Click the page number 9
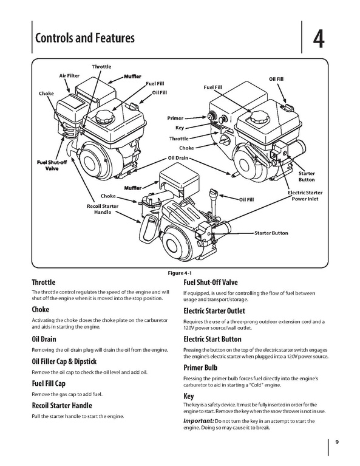pos(337,442)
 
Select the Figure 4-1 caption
pos(177,273)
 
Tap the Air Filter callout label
pos(69,76)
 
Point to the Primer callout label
pos(175,118)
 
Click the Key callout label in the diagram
pos(180,128)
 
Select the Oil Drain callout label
pos(178,158)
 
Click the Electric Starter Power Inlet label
pos(305,196)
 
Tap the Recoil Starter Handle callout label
pos(103,209)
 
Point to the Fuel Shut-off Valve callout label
pos(52,165)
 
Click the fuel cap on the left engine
pos(105,117)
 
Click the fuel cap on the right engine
pos(260,117)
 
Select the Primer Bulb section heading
pos(200,368)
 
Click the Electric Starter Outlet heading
pos(214,311)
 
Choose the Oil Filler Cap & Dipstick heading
pos(64,361)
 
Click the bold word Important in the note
pos(199,421)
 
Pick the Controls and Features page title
pos(84,38)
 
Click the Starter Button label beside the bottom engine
pos(271,233)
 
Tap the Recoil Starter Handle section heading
pos(62,405)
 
